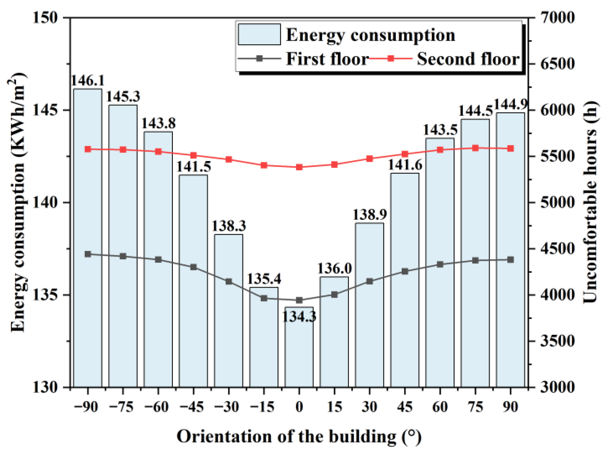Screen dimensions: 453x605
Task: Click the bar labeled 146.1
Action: click(x=88, y=237)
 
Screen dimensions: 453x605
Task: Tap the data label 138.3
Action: click(x=229, y=226)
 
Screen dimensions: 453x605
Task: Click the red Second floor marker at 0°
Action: click(x=299, y=167)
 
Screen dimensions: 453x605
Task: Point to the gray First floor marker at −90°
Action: click(x=88, y=254)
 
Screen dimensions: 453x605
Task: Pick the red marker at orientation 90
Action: click(x=511, y=148)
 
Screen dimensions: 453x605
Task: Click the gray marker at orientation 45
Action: click(x=405, y=271)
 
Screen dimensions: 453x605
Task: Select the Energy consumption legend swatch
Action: click(x=259, y=34)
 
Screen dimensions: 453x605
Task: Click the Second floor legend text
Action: click(x=468, y=59)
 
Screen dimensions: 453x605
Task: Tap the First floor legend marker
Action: click(x=259, y=59)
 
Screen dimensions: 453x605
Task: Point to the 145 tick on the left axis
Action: click(x=45, y=110)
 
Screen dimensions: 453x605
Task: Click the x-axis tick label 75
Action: click(x=475, y=407)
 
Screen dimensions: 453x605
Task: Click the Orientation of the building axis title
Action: click(x=299, y=437)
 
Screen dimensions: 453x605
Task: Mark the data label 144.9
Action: click(x=511, y=105)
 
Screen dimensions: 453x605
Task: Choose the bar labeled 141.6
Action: click(x=405, y=280)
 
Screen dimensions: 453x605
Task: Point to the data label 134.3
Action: click(x=299, y=317)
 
